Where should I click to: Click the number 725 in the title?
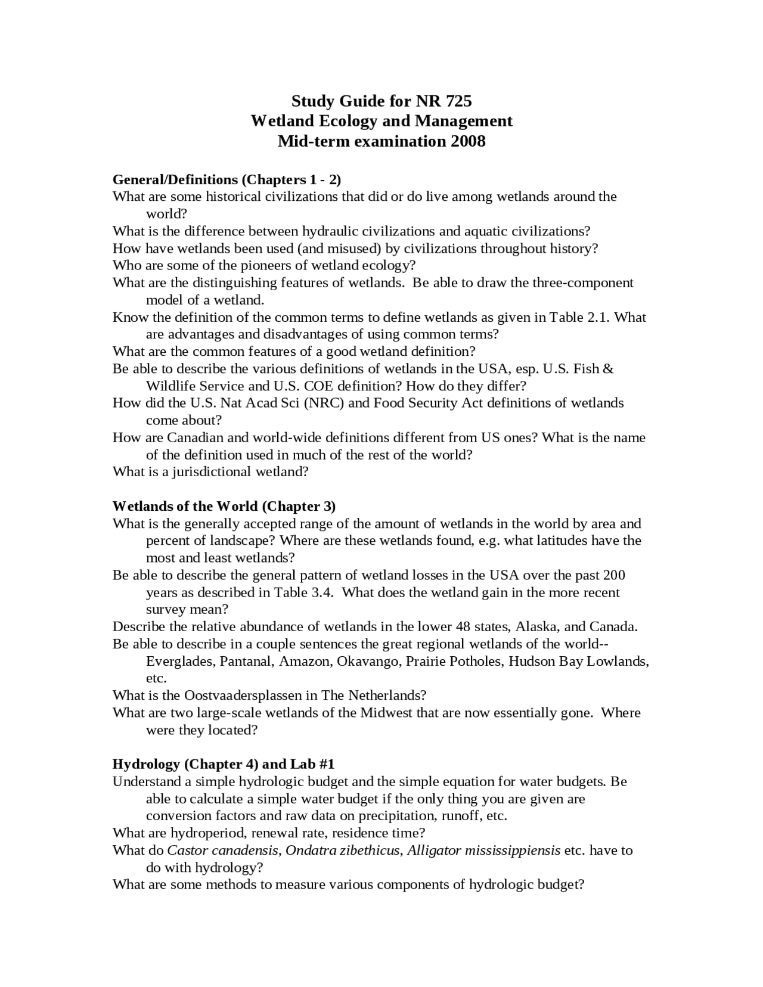(458, 100)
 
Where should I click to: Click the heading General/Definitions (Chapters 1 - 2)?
(227, 179)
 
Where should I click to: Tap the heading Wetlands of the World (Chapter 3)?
(224, 506)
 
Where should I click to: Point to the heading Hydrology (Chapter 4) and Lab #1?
(224, 764)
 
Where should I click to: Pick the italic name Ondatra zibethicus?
(342, 851)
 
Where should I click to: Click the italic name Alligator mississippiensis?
(483, 851)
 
